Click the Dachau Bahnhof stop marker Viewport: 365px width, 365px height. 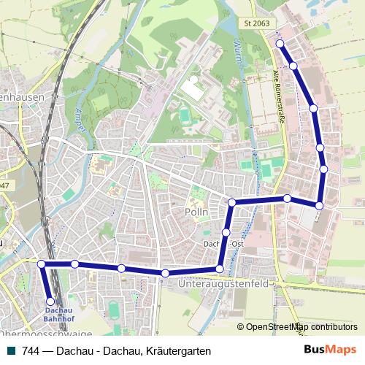pos(50,300)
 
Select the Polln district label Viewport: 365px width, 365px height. pos(196,212)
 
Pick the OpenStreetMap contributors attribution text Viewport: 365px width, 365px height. pos(300,326)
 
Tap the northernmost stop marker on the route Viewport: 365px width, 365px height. pos(280,44)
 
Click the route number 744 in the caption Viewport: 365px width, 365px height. pos(31,350)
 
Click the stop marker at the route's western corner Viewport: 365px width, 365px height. pos(42,264)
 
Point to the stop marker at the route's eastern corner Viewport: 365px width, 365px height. pos(319,205)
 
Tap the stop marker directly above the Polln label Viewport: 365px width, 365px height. pos(231,202)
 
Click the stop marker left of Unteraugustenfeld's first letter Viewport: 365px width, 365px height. pos(166,273)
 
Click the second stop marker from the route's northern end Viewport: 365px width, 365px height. pos(293,66)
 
